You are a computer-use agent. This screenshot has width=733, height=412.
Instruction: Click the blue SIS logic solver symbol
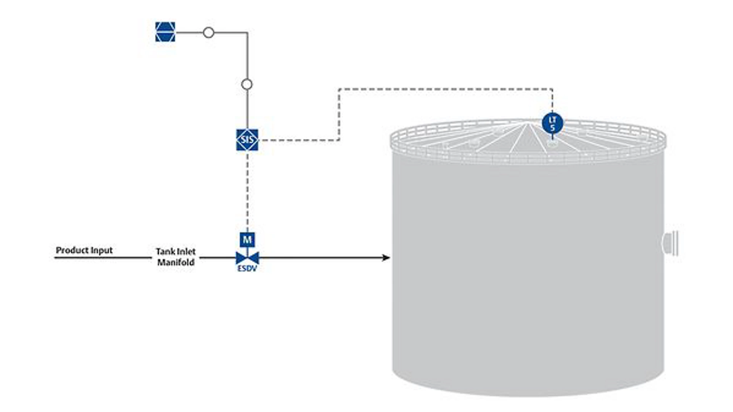(x=247, y=140)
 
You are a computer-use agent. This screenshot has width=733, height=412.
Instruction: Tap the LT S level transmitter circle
(x=552, y=123)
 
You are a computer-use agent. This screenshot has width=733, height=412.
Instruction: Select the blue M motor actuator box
(x=247, y=240)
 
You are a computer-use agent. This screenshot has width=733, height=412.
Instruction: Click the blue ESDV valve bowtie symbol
(x=247, y=258)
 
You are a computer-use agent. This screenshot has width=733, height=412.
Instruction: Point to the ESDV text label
(x=247, y=269)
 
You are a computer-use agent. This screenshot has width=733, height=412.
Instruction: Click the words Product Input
(x=84, y=250)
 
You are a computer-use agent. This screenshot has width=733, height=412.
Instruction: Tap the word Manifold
(x=176, y=262)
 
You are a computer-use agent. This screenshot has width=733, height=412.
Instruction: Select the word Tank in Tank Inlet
(x=165, y=251)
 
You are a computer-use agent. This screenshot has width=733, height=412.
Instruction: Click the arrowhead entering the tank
(x=386, y=258)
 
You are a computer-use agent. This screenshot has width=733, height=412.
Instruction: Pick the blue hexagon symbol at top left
(x=165, y=32)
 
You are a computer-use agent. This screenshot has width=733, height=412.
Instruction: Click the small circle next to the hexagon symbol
(x=208, y=32)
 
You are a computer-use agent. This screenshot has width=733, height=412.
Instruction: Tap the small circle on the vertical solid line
(x=247, y=84)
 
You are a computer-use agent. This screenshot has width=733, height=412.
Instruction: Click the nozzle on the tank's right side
(x=670, y=243)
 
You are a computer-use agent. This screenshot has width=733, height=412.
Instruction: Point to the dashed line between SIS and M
(x=247, y=191)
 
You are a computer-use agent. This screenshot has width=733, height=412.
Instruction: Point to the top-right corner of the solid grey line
(x=247, y=33)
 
